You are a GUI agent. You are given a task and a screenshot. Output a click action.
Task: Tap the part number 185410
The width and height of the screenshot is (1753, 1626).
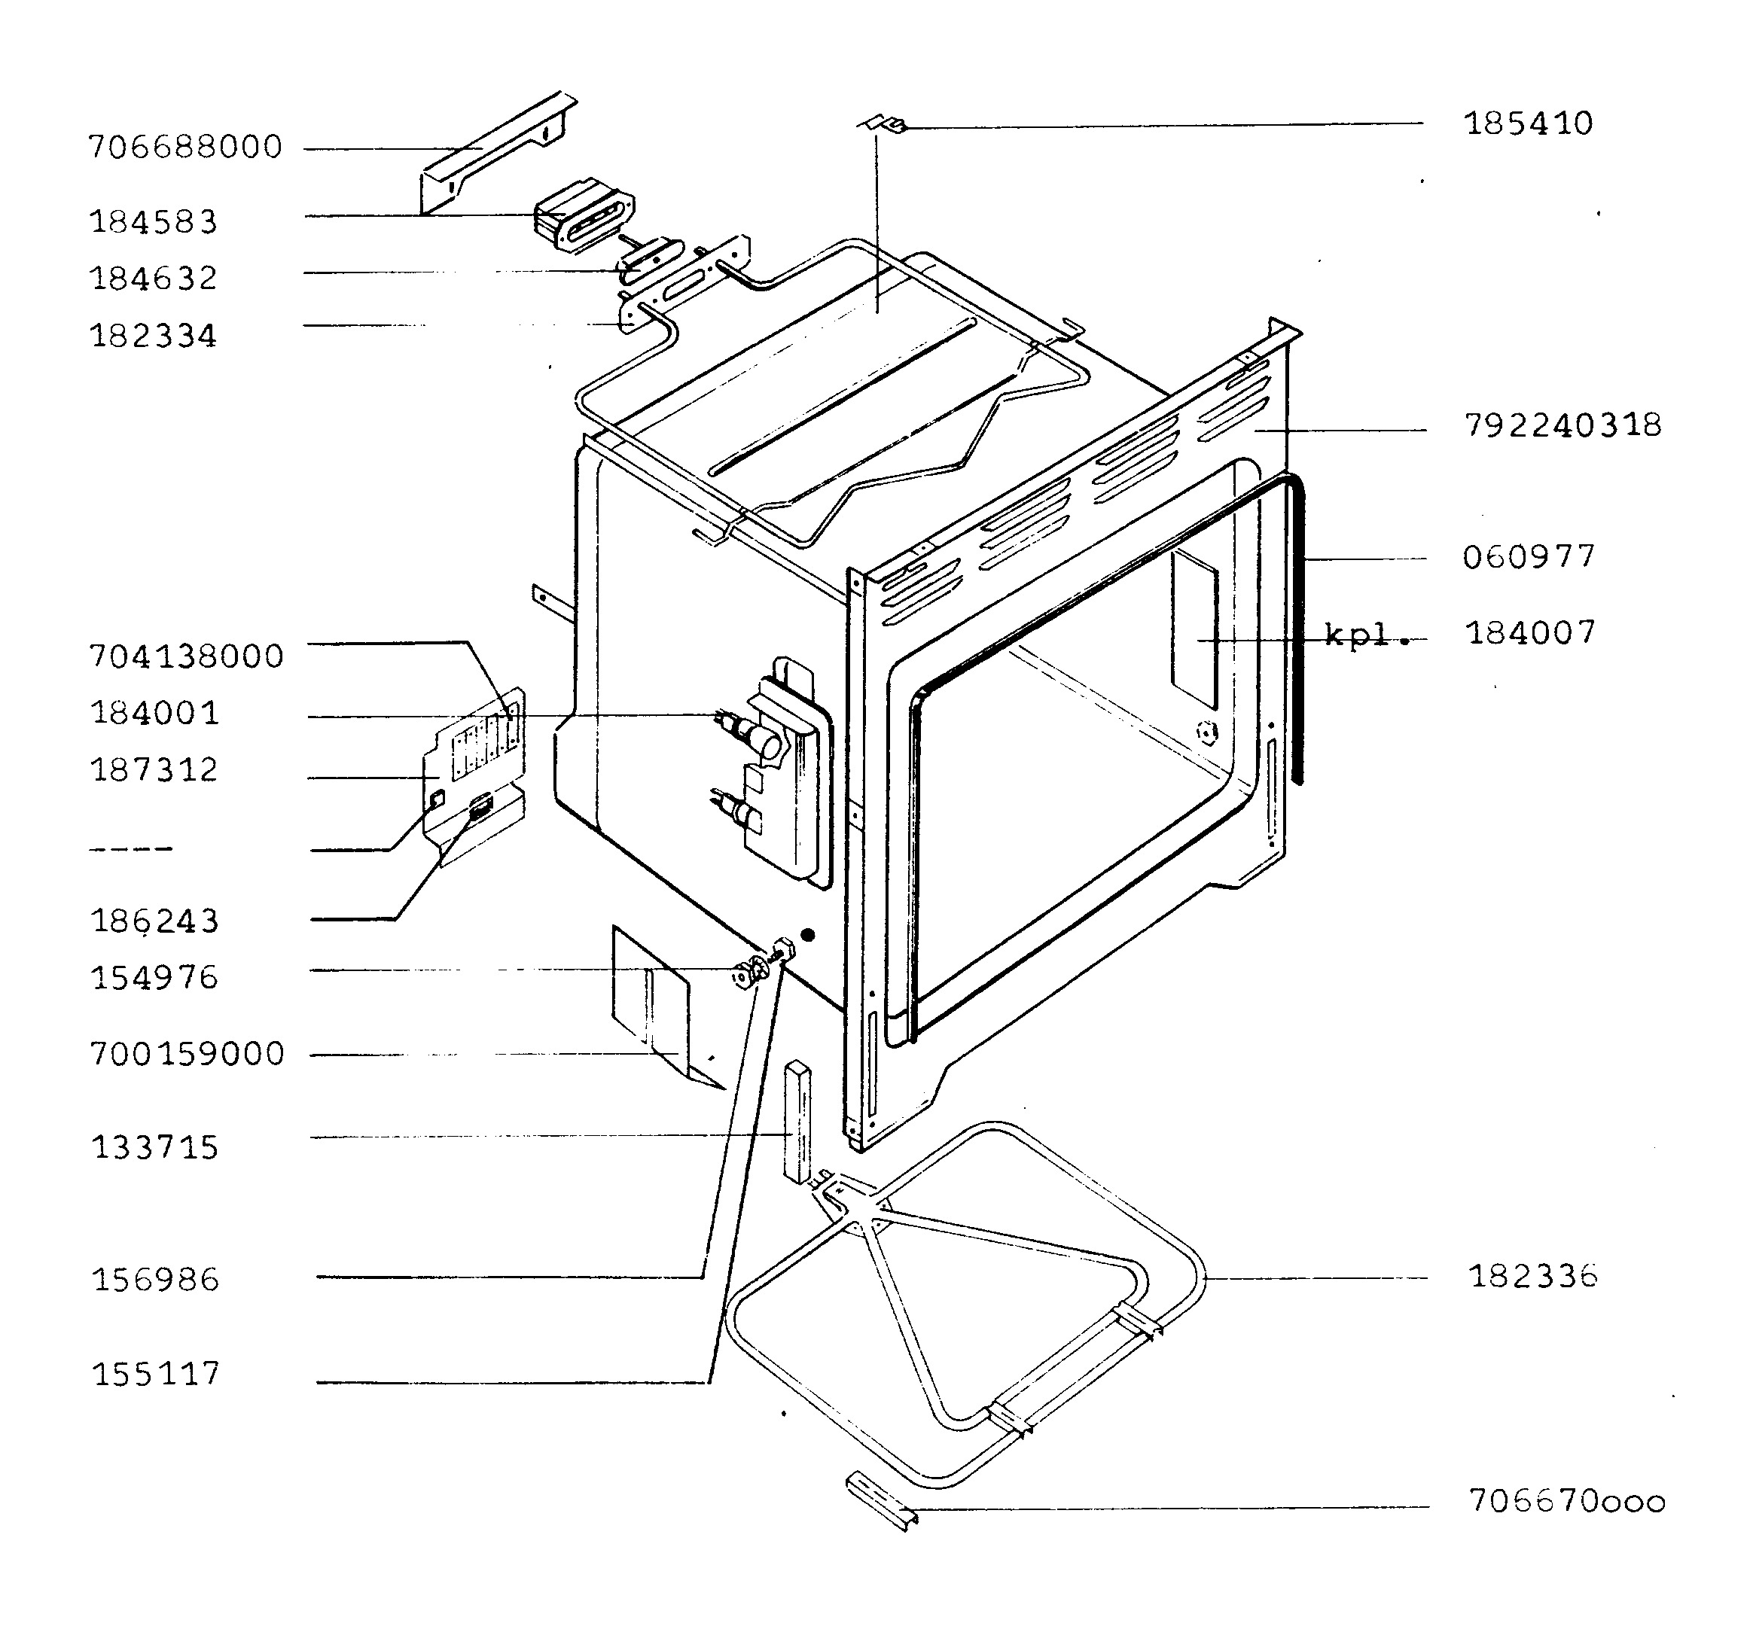pos(1529,123)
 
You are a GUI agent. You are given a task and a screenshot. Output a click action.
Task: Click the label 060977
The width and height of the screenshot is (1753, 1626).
pos(1529,556)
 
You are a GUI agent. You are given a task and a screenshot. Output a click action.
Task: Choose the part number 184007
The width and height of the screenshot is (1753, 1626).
pos(1530,632)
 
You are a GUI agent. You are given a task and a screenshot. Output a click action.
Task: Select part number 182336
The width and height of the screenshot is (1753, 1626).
pos(1533,1275)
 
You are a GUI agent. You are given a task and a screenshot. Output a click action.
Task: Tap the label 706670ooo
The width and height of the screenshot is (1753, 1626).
pos(1567,1501)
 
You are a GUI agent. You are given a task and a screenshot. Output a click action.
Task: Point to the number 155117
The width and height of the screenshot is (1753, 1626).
pos(156,1374)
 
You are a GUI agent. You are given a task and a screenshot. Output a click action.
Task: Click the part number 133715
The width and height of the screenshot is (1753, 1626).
pos(155,1147)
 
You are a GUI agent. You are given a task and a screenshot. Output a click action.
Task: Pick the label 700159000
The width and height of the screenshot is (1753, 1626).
pos(187,1053)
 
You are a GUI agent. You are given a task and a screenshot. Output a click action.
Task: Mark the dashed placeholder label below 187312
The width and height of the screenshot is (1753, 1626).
pos(131,849)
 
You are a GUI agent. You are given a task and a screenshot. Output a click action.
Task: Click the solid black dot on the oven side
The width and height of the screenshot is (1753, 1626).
pos(808,934)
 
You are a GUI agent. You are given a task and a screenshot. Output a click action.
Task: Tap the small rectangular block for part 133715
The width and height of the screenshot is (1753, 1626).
pos(797,1122)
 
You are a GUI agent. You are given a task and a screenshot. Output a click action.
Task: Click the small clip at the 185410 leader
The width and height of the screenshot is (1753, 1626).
pos(882,125)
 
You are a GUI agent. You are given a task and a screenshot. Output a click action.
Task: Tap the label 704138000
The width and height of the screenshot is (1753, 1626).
pos(187,656)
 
